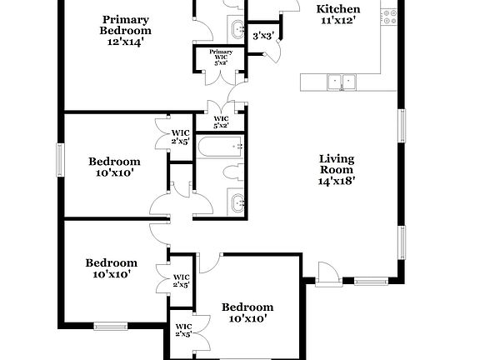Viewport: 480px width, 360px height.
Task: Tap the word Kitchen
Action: tap(338, 10)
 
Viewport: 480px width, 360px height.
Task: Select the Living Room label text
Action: tap(337, 164)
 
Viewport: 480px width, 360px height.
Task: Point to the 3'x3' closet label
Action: tap(263, 35)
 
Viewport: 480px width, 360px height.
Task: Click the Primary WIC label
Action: tap(221, 55)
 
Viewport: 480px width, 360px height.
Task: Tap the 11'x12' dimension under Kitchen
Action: tap(338, 22)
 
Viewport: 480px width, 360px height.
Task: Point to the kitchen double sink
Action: tap(341, 82)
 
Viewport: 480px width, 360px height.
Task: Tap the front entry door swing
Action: tap(326, 273)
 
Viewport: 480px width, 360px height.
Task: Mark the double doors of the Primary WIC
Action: tap(220, 76)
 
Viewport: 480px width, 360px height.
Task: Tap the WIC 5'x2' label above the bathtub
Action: tap(221, 122)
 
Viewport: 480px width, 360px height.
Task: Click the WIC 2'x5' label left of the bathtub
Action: tap(181, 137)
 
